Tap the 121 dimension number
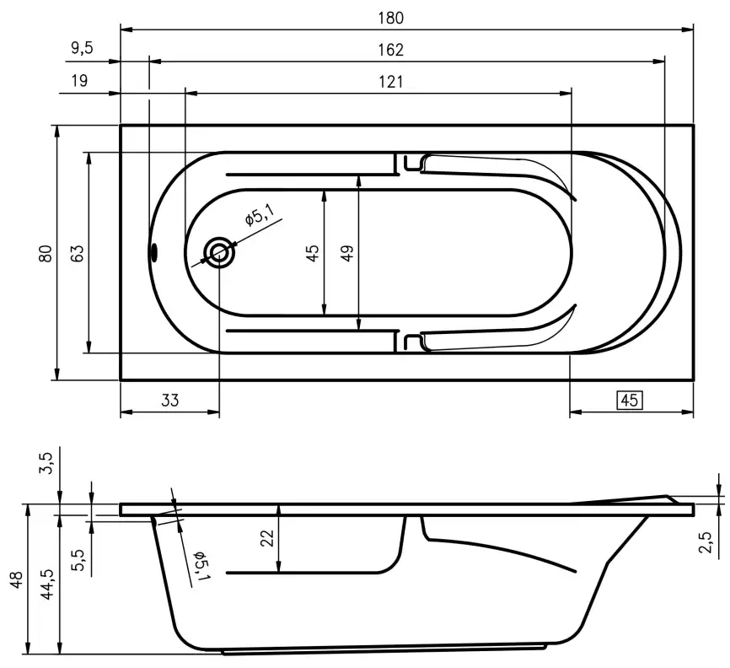(389, 81)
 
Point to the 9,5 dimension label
(81, 49)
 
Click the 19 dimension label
(79, 81)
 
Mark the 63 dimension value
(77, 252)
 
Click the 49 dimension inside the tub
(347, 252)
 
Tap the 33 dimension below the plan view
(170, 401)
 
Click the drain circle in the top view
(220, 253)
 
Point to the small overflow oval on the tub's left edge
(153, 252)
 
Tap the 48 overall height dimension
(16, 581)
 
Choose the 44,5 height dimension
(48, 583)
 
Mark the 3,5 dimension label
(46, 463)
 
